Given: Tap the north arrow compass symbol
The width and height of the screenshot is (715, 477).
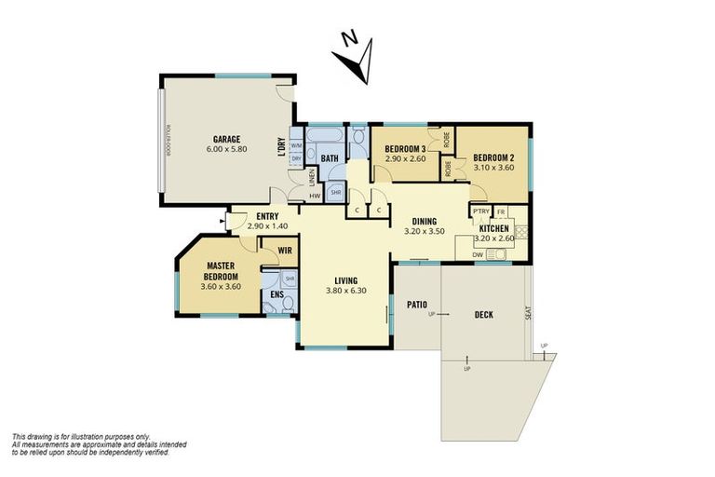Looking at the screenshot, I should [356, 55].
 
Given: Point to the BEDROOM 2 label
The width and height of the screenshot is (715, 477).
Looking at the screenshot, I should [493, 157].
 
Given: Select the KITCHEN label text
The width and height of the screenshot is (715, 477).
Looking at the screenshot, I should [493, 228].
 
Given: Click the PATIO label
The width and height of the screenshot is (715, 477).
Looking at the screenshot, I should [416, 304].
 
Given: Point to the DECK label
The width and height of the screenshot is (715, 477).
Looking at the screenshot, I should [483, 315].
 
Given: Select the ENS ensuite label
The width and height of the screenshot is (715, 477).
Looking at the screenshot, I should [277, 295].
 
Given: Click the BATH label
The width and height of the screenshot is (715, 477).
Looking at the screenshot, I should [329, 159].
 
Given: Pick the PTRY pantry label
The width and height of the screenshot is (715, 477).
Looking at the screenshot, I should [481, 211].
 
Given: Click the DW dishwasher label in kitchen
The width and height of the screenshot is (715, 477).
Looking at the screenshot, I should [477, 254].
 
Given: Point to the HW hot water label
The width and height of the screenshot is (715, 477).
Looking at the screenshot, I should [316, 196].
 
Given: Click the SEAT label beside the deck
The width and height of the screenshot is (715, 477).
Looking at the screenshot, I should [528, 315].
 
